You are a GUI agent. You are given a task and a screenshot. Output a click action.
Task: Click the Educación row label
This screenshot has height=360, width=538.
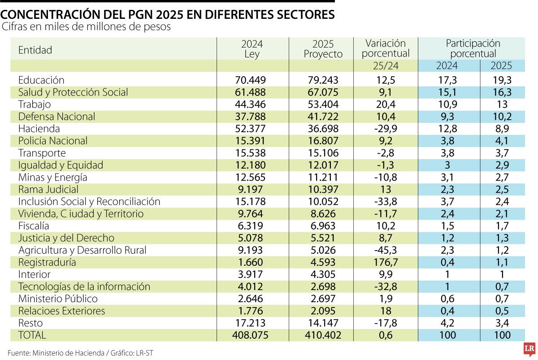41,80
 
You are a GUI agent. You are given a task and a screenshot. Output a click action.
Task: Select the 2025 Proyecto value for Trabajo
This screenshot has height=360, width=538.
321,104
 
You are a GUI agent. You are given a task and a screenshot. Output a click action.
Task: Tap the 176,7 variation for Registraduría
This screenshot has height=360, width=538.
385,262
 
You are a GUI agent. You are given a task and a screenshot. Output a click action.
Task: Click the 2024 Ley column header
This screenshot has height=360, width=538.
252,49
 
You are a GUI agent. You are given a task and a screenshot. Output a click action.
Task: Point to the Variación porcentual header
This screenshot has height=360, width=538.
386,48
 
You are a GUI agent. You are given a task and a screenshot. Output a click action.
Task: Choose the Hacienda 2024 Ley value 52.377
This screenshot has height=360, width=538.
251,129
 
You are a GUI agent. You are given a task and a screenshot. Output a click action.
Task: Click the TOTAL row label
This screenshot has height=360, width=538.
32,335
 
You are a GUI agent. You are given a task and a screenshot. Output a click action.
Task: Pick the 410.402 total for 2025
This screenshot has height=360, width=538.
321,335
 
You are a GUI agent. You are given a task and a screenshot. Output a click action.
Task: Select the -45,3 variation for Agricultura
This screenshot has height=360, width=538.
385,250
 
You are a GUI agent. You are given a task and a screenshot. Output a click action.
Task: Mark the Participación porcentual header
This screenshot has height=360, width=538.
473,48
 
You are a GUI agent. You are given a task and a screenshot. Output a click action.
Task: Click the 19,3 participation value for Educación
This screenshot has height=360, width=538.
501,80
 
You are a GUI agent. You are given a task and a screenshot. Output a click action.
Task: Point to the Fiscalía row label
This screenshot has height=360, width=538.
34,226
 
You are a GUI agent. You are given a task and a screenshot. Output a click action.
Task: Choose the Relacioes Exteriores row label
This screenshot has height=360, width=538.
61,311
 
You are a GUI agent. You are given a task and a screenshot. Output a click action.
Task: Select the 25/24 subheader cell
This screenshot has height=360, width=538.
385,66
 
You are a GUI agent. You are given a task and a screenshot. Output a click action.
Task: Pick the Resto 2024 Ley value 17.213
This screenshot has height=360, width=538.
251,323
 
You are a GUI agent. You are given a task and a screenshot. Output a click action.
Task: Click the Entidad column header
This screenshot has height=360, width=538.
35,50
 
